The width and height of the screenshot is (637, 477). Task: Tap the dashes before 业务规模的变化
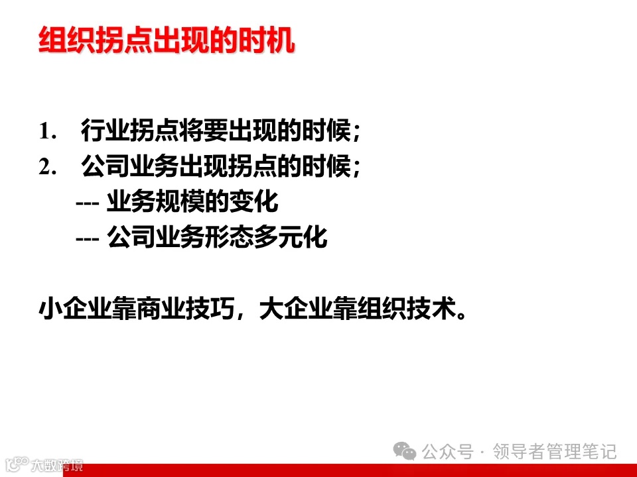tap(88, 203)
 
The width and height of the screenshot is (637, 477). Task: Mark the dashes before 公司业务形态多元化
tap(88, 238)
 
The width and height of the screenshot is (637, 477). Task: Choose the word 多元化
tap(290, 238)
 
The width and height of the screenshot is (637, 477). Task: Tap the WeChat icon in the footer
tap(405, 452)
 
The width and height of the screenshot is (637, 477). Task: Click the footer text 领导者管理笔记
tap(556, 452)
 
